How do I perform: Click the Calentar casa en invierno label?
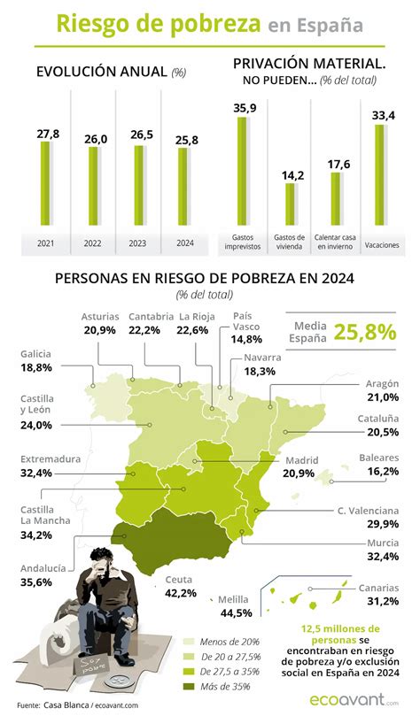click(x=335, y=241)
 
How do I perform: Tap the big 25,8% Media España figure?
click(x=364, y=332)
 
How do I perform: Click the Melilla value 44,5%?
click(x=234, y=612)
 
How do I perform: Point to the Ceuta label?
click(x=179, y=581)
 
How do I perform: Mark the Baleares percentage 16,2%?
click(x=379, y=472)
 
